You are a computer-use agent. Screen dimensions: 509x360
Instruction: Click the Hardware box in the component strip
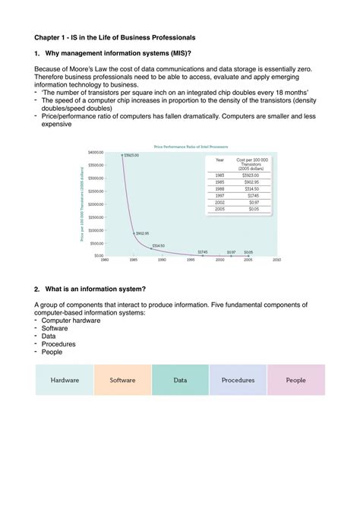[65, 380]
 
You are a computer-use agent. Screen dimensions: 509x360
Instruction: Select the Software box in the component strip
[122, 380]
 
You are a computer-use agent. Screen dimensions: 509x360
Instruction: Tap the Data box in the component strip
[180, 380]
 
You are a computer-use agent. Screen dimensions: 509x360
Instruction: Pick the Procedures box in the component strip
[238, 380]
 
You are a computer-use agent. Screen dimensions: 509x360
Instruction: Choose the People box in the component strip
[295, 380]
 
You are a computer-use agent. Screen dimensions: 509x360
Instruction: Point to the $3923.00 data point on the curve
[122, 154]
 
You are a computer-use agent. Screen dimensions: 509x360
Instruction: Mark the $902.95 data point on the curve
[134, 233]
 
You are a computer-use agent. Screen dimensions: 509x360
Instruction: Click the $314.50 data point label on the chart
[158, 245]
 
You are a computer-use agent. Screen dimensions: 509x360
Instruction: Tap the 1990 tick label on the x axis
[162, 260]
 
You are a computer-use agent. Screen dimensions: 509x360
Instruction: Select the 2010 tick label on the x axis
[276, 260]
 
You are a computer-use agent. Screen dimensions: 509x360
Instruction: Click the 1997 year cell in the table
[219, 196]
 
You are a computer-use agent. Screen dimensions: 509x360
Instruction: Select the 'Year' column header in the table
[219, 160]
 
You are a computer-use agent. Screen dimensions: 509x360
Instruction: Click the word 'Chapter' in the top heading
[49, 36]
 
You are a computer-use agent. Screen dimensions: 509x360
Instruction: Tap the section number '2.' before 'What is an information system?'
[37, 289]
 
